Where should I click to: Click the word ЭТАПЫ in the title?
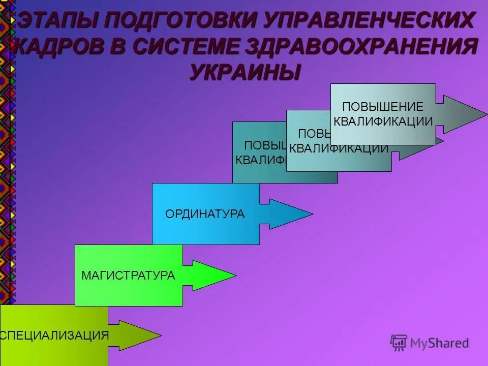click(56, 21)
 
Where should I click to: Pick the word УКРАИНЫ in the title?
click(245, 72)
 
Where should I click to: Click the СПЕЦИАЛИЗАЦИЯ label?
click(55, 335)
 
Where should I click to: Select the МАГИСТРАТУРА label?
click(128, 276)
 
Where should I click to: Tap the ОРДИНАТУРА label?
click(205, 214)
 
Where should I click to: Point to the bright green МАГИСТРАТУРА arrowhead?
click(216, 276)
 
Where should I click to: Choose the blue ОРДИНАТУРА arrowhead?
click(292, 214)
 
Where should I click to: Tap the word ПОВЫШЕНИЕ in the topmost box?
click(383, 107)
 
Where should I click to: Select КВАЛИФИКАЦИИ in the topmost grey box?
click(383, 121)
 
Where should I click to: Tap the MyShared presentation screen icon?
click(399, 343)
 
